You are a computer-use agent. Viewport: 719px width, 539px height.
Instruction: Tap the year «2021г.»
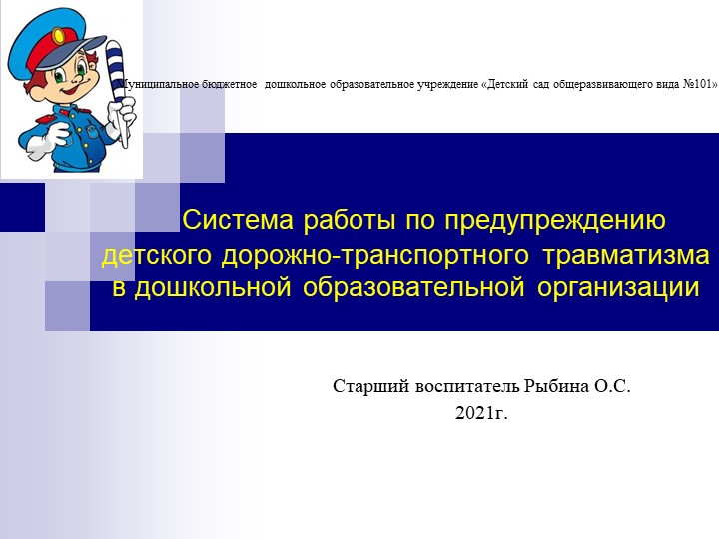481,412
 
